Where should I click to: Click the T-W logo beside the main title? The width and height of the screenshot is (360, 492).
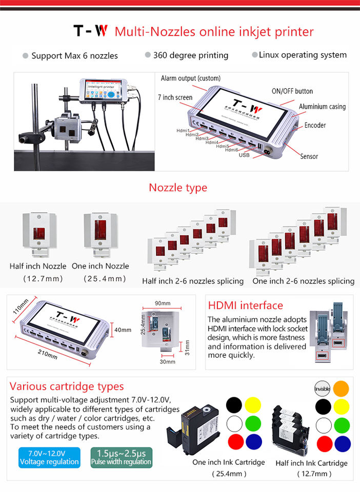click(90, 31)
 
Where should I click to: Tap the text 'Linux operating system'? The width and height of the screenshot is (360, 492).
click(303, 55)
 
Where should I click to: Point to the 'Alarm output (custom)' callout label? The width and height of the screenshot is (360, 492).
click(190, 78)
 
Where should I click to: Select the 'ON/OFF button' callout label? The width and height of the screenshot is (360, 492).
click(292, 91)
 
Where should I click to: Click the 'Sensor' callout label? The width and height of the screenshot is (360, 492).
click(309, 156)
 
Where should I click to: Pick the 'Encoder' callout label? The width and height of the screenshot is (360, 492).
click(314, 125)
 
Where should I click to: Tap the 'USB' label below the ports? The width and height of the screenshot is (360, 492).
click(244, 154)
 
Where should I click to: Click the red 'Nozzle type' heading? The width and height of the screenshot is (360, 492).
click(178, 188)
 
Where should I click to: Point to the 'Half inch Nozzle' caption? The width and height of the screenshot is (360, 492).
click(38, 266)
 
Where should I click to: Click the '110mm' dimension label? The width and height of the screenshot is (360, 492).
click(21, 306)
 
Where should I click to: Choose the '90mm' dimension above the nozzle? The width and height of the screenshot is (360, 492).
click(162, 303)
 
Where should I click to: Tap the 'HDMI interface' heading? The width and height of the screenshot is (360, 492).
click(245, 306)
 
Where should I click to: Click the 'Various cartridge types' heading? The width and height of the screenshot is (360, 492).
click(67, 386)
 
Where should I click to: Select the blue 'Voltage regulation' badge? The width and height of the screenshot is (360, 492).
click(49, 457)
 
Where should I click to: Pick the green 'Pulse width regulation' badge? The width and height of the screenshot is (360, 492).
click(121, 457)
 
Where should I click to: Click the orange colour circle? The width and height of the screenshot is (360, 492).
click(342, 389)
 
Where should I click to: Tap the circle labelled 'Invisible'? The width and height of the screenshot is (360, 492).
click(322, 389)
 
